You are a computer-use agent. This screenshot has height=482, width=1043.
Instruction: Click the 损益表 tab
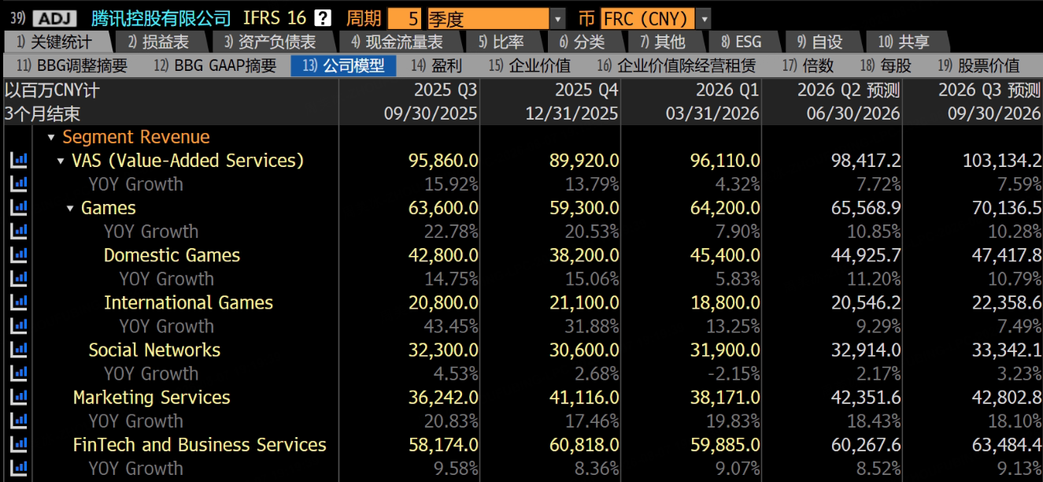pyautogui.click(x=159, y=42)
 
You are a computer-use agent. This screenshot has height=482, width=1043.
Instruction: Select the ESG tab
pyautogui.click(x=742, y=42)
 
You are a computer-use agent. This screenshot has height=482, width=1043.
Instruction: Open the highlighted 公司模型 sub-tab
pyautogui.click(x=344, y=65)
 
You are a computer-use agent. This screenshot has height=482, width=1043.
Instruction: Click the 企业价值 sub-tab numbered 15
pyautogui.click(x=530, y=65)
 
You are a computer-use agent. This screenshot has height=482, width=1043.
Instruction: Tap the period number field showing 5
pyautogui.click(x=405, y=19)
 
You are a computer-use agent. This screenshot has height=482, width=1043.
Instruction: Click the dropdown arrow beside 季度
pyautogui.click(x=557, y=19)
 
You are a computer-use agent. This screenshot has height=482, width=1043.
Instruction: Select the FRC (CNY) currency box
pyautogui.click(x=648, y=19)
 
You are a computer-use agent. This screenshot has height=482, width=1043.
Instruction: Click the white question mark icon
pyautogui.click(x=323, y=18)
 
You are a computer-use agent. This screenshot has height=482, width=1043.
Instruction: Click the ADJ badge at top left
pyautogui.click(x=55, y=19)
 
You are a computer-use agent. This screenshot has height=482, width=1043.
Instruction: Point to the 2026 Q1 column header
pyautogui.click(x=727, y=90)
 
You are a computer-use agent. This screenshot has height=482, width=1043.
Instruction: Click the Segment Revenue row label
pyautogui.click(x=136, y=137)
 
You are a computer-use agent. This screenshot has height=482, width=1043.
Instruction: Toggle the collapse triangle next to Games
pyautogui.click(x=70, y=208)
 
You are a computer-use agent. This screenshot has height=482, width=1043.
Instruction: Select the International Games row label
pyautogui.click(x=188, y=302)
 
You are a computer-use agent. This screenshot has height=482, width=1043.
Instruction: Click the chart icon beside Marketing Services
pyautogui.click(x=19, y=397)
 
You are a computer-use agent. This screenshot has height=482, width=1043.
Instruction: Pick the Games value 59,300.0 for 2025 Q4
pyautogui.click(x=584, y=208)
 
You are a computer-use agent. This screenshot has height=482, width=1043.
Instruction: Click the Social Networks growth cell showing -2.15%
pyautogui.click(x=734, y=373)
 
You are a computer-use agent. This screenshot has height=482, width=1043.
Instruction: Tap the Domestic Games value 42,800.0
pyautogui.click(x=443, y=255)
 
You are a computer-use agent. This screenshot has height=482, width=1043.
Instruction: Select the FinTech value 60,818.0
pyautogui.click(x=584, y=445)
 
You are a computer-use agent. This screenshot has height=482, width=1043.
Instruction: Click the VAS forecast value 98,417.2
pyautogui.click(x=866, y=161)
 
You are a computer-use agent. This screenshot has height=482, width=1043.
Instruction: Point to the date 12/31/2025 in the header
pyautogui.click(x=571, y=113)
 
